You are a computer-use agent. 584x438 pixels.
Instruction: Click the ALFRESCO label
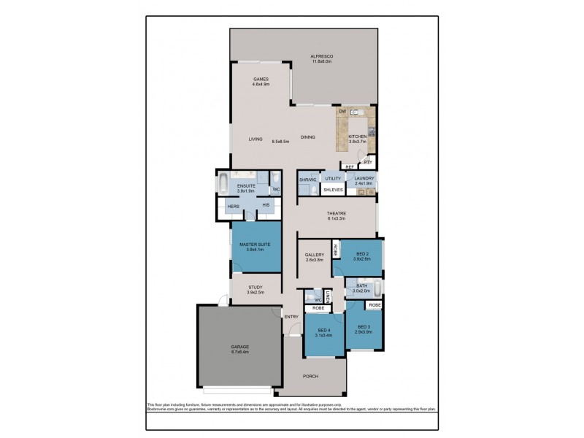click(x=321, y=56)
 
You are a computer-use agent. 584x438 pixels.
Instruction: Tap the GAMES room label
click(x=261, y=79)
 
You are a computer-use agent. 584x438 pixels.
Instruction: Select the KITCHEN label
click(x=357, y=137)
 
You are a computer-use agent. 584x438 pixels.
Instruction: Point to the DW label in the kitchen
click(x=342, y=112)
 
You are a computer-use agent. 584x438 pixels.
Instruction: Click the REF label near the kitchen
click(x=349, y=167)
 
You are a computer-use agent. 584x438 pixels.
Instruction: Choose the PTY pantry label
click(x=367, y=162)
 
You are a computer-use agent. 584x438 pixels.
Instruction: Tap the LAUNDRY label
click(x=364, y=179)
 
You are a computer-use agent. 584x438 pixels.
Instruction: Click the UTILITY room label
click(x=334, y=179)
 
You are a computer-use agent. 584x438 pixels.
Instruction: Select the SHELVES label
click(x=334, y=190)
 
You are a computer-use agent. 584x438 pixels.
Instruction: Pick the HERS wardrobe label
click(x=234, y=207)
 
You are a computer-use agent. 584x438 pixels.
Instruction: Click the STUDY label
click(x=255, y=288)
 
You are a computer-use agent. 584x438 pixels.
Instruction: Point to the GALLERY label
click(x=315, y=255)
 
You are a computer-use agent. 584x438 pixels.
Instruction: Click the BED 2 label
click(x=362, y=254)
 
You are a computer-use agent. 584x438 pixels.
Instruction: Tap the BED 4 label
click(x=323, y=331)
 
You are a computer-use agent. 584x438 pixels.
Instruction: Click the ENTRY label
click(x=291, y=316)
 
